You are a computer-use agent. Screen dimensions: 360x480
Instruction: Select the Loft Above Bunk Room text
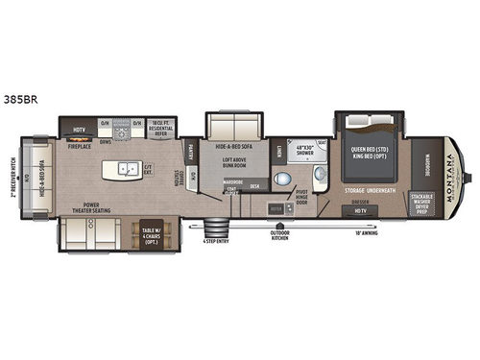[x=231, y=163]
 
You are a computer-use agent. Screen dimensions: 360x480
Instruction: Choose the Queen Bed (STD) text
[x=371, y=149]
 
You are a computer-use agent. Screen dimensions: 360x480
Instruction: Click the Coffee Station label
[x=176, y=178]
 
